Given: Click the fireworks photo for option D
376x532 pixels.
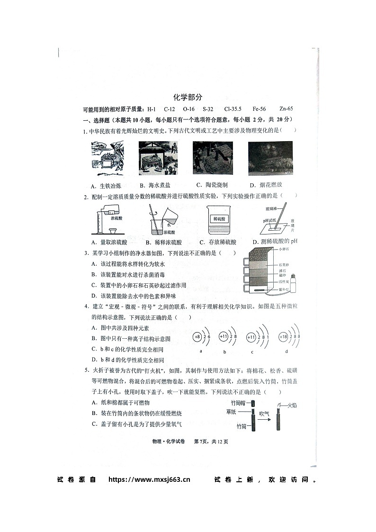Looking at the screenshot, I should (270, 159).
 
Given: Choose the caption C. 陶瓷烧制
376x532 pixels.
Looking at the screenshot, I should (212, 185).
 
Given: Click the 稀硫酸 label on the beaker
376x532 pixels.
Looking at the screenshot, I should (218, 218).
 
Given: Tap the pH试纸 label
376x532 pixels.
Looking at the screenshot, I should (269, 221).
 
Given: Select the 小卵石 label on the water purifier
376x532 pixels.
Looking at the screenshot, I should (284, 248).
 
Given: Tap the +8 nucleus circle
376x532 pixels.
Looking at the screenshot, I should (197, 337).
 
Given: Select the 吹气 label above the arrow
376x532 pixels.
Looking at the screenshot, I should (264, 413).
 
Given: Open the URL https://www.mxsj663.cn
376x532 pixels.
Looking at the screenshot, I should (149, 479).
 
